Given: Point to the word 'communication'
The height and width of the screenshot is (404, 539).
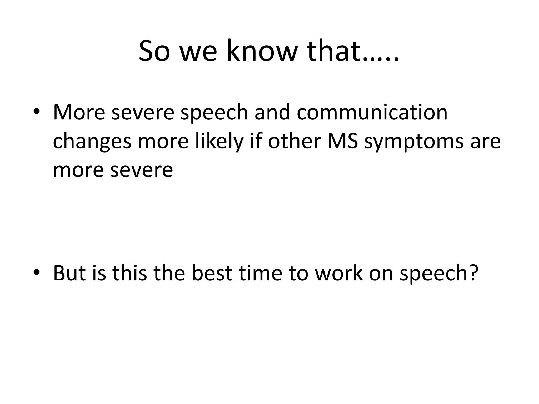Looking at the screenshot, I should [372, 112].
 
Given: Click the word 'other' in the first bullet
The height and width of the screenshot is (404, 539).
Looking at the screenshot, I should [294, 141].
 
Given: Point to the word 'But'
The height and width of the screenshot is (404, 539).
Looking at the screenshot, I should [69, 273].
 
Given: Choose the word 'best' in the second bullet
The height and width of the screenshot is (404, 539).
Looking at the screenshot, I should [212, 273].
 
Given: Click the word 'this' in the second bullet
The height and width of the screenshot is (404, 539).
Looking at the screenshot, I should [129, 273].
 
